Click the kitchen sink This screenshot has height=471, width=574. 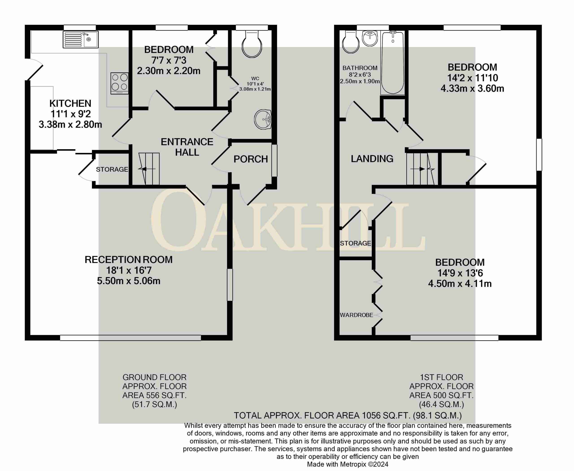click(x=81, y=39)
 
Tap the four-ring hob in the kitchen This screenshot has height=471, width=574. click(x=120, y=83)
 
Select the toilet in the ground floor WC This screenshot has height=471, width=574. click(x=252, y=44)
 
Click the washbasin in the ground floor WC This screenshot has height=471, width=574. click(x=263, y=119)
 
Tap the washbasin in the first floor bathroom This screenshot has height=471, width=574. click(x=370, y=38)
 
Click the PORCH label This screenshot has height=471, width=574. click(x=251, y=159)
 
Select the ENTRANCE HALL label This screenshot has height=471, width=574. click(x=187, y=147)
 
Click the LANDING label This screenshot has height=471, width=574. click(x=372, y=159)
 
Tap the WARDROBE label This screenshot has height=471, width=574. click(x=357, y=315)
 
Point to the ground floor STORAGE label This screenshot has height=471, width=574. click(x=112, y=169)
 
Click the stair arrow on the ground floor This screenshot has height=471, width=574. click(x=147, y=169)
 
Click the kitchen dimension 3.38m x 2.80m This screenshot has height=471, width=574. click(x=70, y=125)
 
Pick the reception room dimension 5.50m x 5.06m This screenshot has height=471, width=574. click(x=129, y=281)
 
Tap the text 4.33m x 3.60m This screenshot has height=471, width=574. click(x=472, y=89)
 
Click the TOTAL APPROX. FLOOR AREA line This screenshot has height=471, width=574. click(x=348, y=415)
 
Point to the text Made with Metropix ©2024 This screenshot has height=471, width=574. click(x=348, y=465)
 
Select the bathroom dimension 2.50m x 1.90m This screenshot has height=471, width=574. click(x=360, y=81)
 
